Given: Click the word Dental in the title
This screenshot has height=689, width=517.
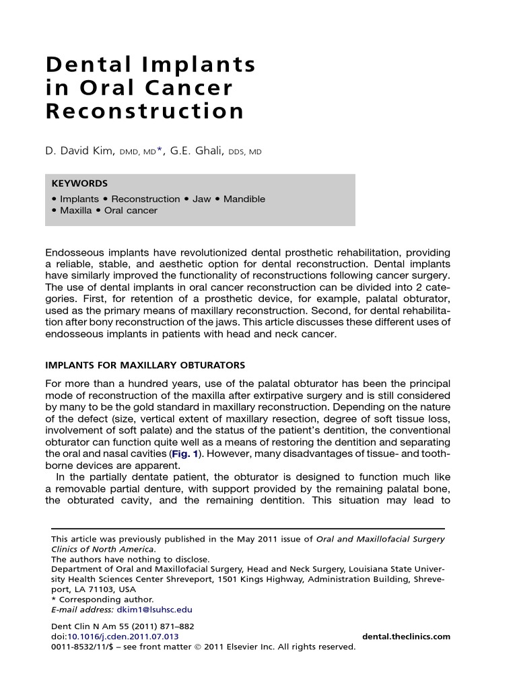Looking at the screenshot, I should coord(83,65).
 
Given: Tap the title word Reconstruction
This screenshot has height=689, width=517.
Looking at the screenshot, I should coord(145,111).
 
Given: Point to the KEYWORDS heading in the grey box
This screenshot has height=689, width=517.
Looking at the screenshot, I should coord(79,183).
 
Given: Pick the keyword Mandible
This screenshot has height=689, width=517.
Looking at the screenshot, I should coord(245,199).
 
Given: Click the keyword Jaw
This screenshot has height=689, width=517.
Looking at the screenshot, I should coord(201,199).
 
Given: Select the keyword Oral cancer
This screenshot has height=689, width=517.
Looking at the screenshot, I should coord(131,211).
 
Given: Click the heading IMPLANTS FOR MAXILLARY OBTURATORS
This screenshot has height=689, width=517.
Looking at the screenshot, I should coord(145,365).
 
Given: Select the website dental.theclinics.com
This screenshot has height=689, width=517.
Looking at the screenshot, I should coord(406,637).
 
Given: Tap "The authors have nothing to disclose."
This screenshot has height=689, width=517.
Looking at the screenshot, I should coord(130,558).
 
